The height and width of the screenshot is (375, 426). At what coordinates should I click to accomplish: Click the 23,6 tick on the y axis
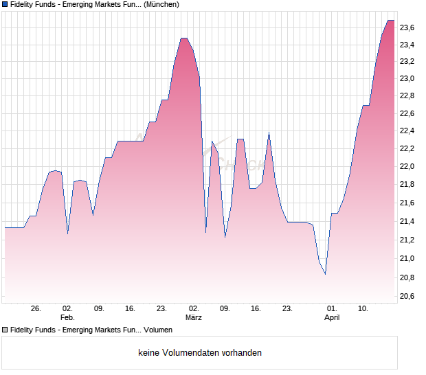[407, 27]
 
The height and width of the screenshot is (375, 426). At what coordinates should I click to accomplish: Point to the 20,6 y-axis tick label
[407, 296]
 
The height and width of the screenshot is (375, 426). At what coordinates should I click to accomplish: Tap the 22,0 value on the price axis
[407, 166]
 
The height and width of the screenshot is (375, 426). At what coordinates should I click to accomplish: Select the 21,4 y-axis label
[407, 222]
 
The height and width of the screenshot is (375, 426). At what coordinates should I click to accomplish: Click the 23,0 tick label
[407, 78]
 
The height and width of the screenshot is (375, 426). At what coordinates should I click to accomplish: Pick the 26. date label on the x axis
[36, 308]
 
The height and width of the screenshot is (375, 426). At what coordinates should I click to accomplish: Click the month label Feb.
[67, 317]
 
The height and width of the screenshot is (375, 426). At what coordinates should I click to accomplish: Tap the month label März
[194, 317]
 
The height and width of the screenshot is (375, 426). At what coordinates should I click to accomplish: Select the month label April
[332, 317]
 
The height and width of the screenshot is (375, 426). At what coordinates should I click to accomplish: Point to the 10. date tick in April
[364, 308]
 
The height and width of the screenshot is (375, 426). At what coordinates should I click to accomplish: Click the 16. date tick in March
[256, 308]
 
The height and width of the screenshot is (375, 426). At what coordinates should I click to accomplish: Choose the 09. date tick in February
[99, 308]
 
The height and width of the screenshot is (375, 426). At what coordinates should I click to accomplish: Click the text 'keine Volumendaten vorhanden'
[200, 353]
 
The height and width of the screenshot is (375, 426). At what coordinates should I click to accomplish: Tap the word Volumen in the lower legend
[158, 330]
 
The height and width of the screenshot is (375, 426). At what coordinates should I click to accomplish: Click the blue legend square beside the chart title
[5, 4]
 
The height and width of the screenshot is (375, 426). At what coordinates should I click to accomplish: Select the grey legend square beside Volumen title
[5, 330]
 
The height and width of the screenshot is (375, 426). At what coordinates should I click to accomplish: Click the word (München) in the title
[161, 4]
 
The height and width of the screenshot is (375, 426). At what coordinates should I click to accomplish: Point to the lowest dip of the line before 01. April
[325, 274]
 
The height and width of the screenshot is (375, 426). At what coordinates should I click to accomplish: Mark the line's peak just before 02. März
[183, 38]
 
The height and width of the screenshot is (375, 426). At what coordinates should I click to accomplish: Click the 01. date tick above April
[332, 308]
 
